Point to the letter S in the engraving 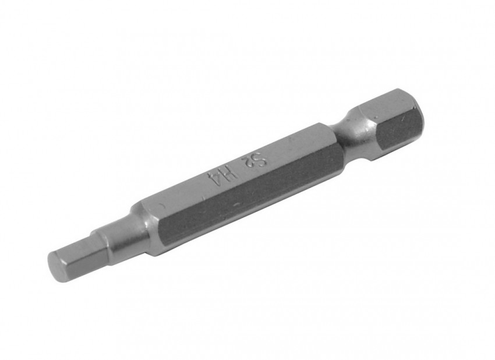[262, 157]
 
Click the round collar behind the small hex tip [123, 235]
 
